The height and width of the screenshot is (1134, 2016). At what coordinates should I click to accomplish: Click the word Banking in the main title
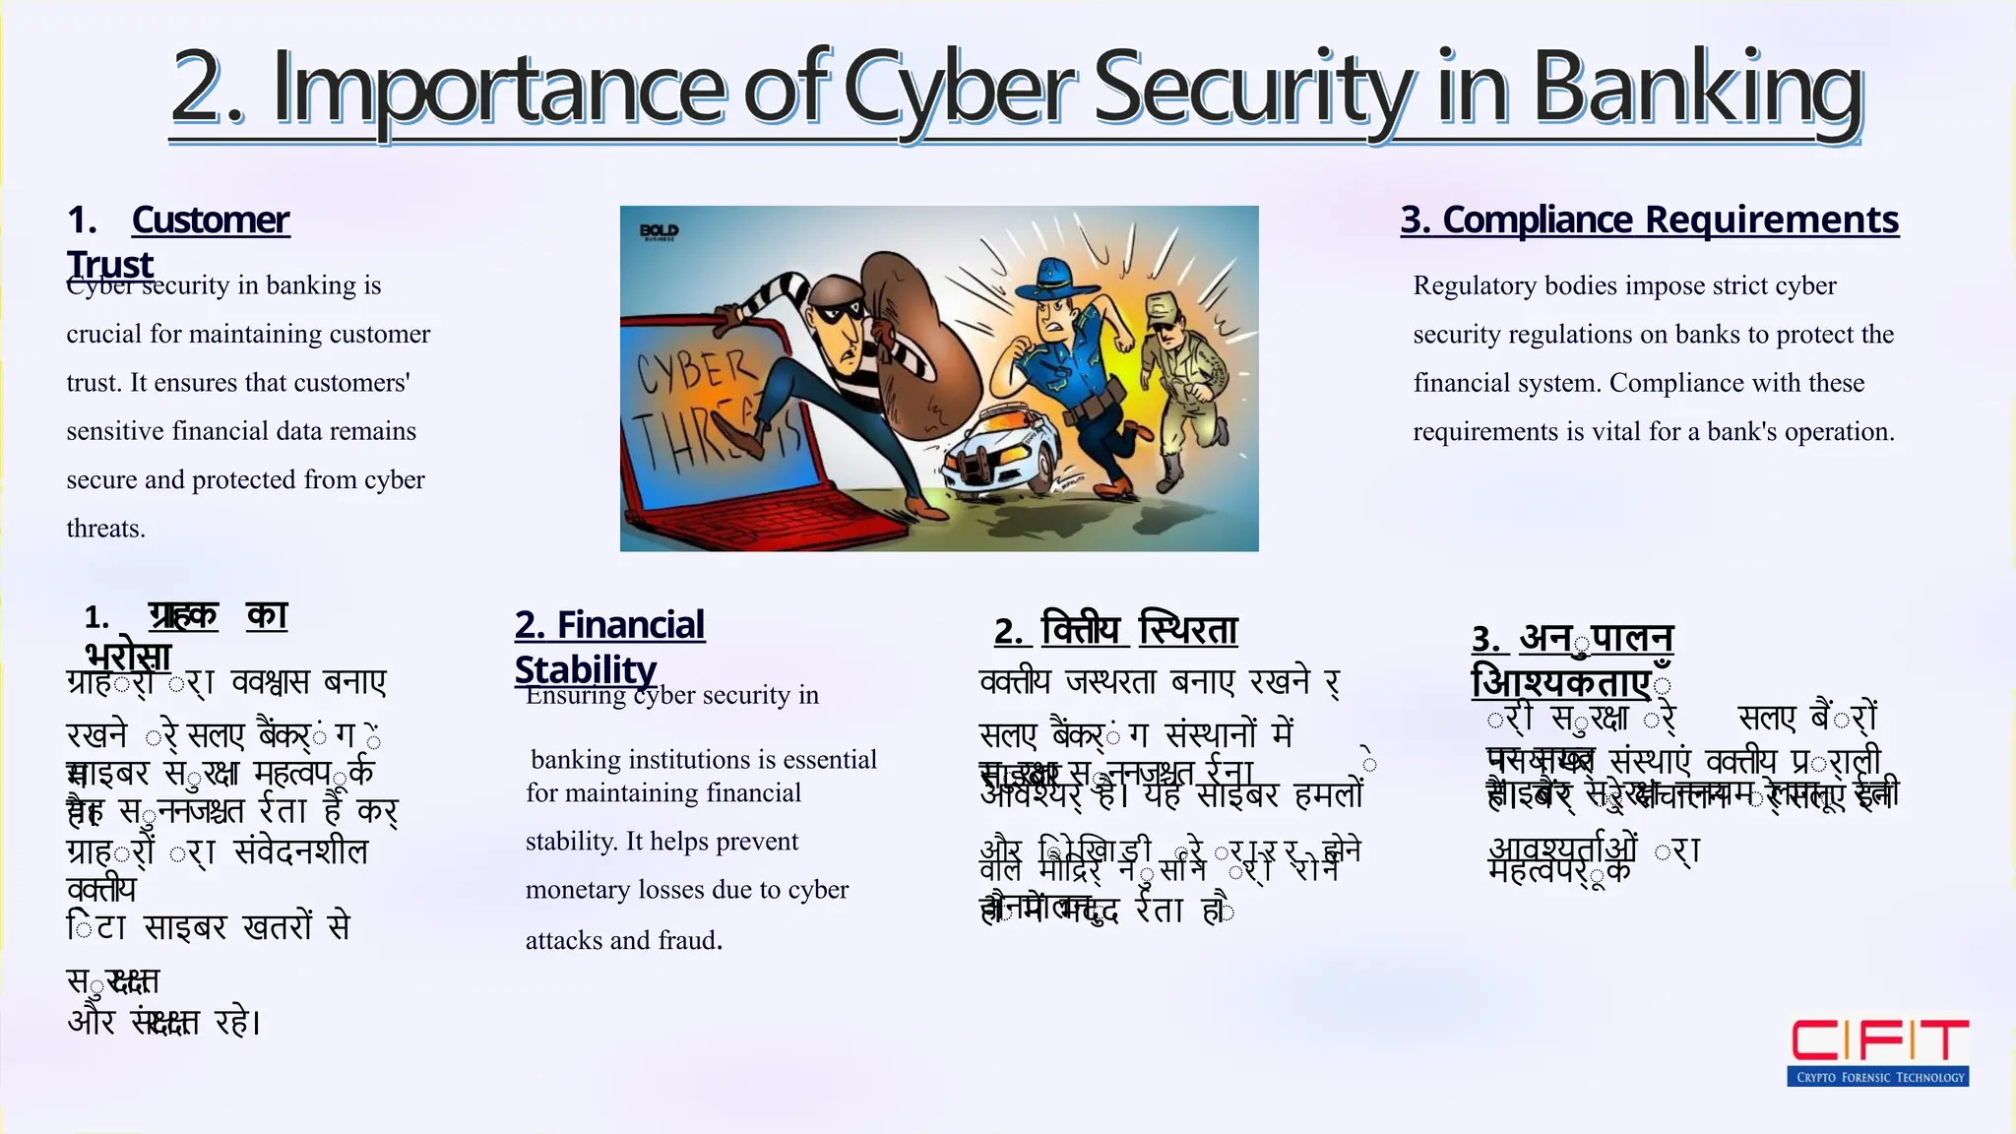click(x=1697, y=91)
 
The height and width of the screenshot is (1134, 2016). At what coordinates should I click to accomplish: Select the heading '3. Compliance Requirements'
click(x=1650, y=220)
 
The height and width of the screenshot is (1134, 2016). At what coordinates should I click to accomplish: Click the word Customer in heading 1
click(x=211, y=220)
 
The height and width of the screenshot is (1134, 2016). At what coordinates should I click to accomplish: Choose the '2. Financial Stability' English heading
click(x=609, y=646)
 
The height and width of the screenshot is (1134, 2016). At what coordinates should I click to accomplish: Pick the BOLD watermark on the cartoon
click(x=659, y=231)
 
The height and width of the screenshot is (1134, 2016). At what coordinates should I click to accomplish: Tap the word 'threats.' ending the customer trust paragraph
click(x=105, y=529)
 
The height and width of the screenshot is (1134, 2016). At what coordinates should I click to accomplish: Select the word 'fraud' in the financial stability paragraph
click(x=686, y=940)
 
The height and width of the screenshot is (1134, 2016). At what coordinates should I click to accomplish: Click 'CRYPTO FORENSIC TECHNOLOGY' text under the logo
click(x=1878, y=1077)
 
